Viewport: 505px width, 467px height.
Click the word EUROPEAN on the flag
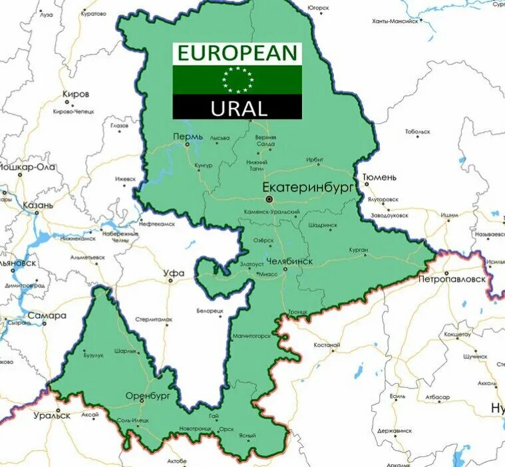tap(238, 54)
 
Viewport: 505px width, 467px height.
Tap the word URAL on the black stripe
tap(239, 108)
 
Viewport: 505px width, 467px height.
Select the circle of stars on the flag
tap(238, 80)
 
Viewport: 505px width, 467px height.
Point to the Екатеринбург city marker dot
tap(269, 199)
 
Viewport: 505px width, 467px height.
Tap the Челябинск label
tap(289, 261)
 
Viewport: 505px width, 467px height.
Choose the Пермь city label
tap(187, 136)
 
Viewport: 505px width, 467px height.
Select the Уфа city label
tap(174, 273)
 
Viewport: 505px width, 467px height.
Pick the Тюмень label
tap(379, 178)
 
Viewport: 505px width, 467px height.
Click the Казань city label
tap(37, 206)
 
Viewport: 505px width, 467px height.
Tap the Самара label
tap(47, 315)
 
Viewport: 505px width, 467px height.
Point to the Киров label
tap(75, 94)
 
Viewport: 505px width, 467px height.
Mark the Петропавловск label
tap(452, 279)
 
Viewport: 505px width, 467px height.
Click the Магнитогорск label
tap(252, 336)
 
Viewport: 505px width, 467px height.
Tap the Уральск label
tap(53, 415)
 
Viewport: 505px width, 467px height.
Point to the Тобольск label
tap(418, 132)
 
